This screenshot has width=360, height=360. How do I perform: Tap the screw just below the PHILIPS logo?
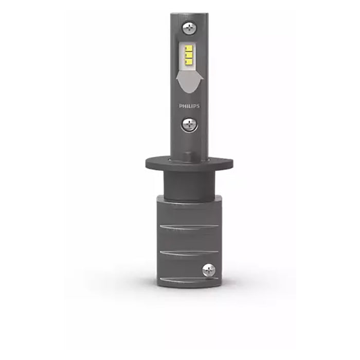point(190,123)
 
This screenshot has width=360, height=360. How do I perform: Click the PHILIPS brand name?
point(189,106)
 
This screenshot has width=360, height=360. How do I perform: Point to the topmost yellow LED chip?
point(189,49)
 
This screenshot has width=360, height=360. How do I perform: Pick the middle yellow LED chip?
point(189,56)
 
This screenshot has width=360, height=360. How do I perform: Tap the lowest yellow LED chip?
point(189,62)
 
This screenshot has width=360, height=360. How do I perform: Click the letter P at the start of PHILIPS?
point(181,106)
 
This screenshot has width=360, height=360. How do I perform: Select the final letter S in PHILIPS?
point(199,106)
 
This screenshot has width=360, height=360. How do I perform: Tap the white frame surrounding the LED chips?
point(183,56)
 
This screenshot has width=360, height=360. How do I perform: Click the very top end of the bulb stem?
point(189,14)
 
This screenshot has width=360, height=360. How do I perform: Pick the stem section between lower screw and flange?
point(189,144)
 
